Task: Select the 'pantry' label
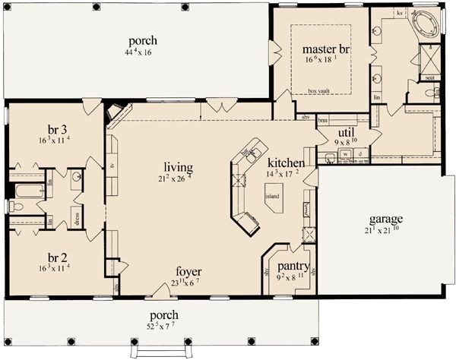pos(293,267)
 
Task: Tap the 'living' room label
pos(178,167)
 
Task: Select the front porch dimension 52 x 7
pos(164,327)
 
